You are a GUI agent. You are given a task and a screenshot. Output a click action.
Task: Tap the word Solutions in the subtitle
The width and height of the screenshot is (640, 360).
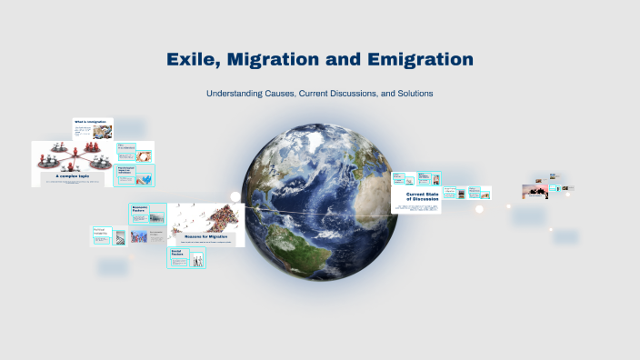pyautogui.click(x=411, y=94)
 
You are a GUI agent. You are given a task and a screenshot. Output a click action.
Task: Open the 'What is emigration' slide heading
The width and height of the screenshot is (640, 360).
pyautogui.click(x=96, y=122)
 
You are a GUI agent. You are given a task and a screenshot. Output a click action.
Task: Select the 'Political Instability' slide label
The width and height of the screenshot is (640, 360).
pyautogui.click(x=101, y=231)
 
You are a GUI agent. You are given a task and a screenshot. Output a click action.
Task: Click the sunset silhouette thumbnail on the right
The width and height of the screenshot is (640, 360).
pyautogui.click(x=534, y=191)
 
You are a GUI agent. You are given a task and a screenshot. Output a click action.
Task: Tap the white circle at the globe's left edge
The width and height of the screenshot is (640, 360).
pyautogui.click(x=235, y=196)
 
